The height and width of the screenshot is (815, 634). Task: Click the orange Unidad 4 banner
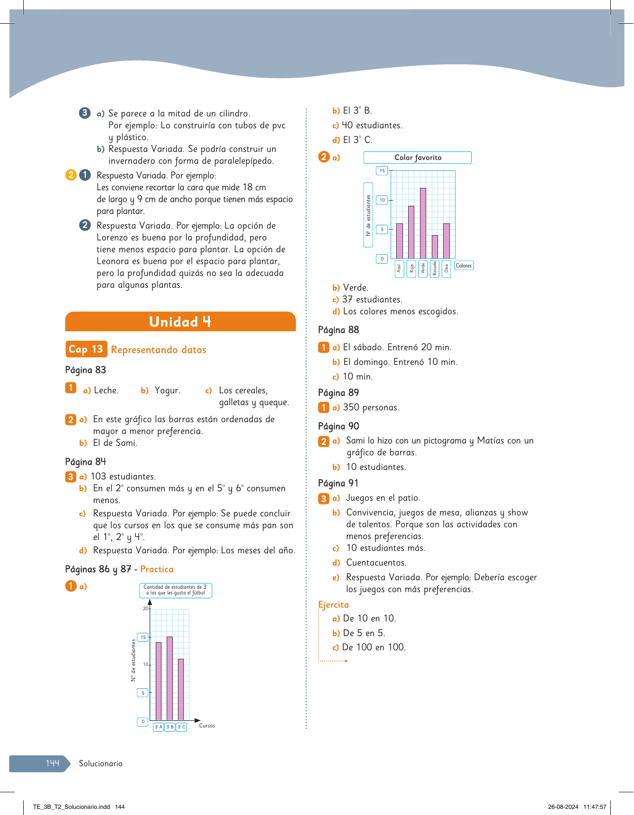pos(180,322)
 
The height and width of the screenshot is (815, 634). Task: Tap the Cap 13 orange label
pos(86,349)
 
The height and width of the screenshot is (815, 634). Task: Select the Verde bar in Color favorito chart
pos(423,223)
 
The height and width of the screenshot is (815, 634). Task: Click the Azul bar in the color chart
pos(400,241)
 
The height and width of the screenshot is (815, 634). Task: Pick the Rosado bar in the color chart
pos(435,247)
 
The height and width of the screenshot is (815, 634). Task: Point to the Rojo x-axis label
pos(411,269)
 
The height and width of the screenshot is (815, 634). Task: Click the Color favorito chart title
pos(418,158)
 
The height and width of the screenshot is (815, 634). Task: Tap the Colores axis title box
pos(464,266)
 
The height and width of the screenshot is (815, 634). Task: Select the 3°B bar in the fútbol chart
pos(170,678)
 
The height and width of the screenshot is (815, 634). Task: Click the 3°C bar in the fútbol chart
pos(181,689)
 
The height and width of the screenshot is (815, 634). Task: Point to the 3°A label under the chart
pos(158,727)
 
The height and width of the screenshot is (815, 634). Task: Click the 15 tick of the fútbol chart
pos(143,638)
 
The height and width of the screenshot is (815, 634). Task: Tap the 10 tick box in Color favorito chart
pos(382,200)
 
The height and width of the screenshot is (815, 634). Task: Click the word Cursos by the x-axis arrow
pos(207,726)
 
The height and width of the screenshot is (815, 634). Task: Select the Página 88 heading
pos(339,330)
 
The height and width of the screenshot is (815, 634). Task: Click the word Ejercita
pos(333,605)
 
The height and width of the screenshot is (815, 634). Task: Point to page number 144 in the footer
pos(53,763)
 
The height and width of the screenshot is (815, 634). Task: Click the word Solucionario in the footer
pos(101,763)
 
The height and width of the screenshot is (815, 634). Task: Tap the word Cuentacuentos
pos(376,563)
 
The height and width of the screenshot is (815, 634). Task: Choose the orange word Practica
pos(157,569)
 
